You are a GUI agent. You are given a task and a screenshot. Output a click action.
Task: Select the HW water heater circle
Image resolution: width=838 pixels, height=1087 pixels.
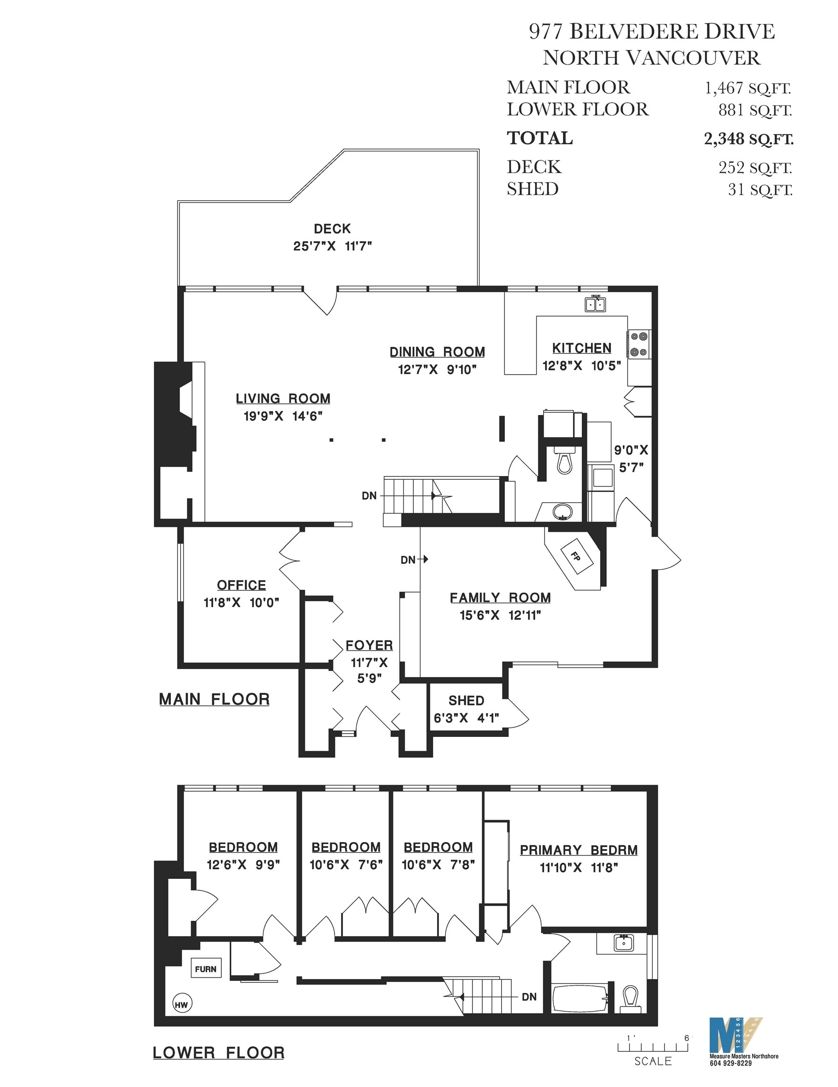(182, 1004)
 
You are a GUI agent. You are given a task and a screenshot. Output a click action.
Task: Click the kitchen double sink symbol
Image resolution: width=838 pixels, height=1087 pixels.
(595, 304)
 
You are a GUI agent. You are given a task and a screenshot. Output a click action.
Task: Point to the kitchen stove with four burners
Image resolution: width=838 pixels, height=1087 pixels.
(639, 344)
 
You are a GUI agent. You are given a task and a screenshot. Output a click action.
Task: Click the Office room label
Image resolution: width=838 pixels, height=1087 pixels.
(241, 585)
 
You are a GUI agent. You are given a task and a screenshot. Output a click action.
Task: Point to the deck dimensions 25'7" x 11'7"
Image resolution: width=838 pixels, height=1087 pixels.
(332, 246)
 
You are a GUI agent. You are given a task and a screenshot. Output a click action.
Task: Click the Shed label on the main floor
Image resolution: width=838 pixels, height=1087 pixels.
(466, 701)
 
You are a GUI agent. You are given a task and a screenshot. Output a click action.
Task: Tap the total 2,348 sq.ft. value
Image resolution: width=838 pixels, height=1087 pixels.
(748, 139)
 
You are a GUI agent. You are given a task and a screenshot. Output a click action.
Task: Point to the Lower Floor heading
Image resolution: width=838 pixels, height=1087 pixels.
(218, 1053)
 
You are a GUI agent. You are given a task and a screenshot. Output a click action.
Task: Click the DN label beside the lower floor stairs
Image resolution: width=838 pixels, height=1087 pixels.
(529, 997)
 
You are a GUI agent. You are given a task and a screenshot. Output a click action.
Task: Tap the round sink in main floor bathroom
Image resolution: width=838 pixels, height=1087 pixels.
(563, 510)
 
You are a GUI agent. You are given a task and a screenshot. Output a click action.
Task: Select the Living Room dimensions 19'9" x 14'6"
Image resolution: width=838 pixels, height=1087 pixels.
(283, 416)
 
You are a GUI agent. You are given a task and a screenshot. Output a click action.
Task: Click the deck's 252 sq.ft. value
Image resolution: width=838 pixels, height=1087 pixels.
(754, 168)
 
